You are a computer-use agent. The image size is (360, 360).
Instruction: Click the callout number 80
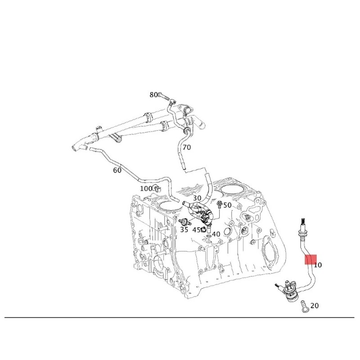click(153, 95)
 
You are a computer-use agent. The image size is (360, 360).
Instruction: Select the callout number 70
click(187, 147)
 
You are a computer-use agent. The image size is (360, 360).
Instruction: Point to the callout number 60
click(117, 170)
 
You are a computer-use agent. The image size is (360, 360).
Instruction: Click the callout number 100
click(146, 189)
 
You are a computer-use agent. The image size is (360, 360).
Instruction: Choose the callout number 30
click(197, 198)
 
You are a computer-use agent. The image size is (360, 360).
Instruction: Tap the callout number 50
click(227, 205)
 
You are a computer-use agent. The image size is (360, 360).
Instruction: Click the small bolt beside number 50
click(219, 206)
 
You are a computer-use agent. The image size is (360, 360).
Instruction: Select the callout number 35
click(184, 229)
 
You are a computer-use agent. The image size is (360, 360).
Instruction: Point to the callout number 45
click(196, 229)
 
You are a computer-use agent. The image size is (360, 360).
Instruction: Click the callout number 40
click(216, 234)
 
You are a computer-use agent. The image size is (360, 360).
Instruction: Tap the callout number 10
click(318, 265)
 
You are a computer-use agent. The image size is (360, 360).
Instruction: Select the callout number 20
click(315, 306)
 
